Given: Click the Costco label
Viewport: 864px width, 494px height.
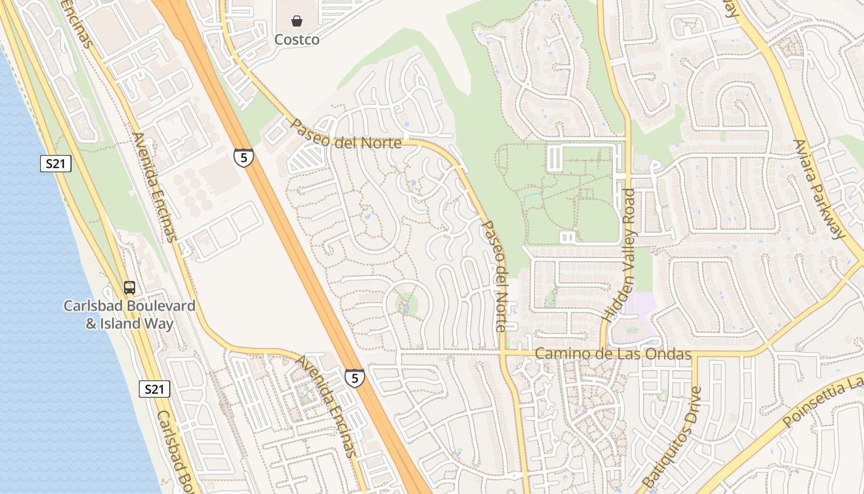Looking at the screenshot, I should [x=297, y=40].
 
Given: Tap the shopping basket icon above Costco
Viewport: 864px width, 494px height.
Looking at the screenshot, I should [x=297, y=22].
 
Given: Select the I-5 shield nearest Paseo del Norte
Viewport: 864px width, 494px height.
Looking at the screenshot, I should [x=244, y=157].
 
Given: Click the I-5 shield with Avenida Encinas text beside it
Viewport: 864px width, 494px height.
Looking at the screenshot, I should [x=354, y=378].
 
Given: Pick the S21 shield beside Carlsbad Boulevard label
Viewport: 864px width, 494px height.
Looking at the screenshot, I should [x=154, y=389].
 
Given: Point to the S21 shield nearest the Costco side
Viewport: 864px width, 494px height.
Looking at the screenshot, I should [x=56, y=164].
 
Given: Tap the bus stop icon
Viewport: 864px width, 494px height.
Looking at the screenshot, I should [x=130, y=287].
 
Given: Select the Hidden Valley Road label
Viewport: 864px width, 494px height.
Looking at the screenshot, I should [x=619, y=254].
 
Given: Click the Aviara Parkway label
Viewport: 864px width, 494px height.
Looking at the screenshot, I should [x=818, y=188].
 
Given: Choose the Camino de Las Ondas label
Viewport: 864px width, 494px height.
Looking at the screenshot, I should [x=612, y=354].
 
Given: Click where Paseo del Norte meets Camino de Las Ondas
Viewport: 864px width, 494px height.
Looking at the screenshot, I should [x=503, y=354].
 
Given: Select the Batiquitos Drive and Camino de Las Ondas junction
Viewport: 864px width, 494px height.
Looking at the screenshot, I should [x=695, y=355].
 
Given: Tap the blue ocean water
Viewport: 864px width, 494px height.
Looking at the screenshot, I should [x=37, y=309].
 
